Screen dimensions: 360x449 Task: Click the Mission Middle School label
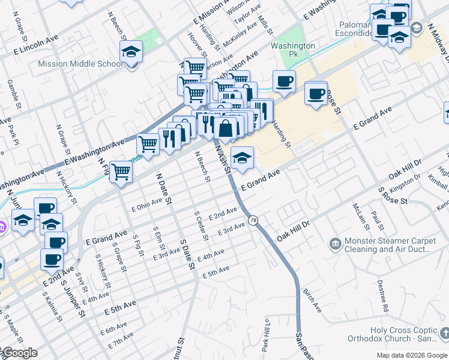coord(80,64)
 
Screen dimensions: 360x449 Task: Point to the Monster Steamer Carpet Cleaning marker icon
coord(335,244)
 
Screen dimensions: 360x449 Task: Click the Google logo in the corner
coord(19,353)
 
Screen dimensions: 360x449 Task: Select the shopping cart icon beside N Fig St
coord(121,172)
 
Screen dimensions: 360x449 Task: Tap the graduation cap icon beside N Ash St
coord(242,158)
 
